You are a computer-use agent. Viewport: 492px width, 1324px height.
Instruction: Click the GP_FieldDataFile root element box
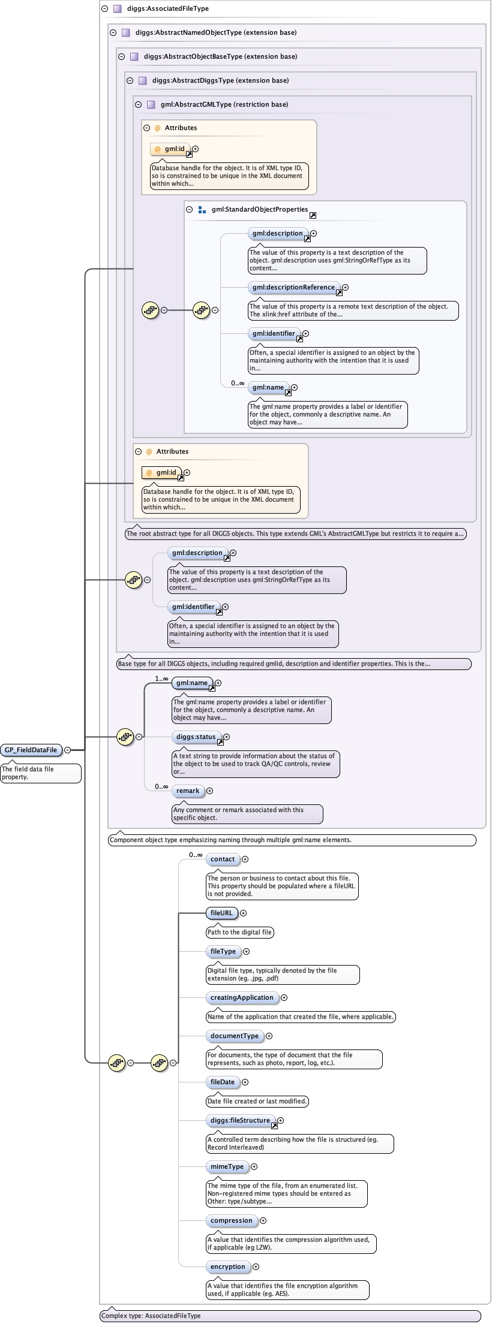tap(31, 750)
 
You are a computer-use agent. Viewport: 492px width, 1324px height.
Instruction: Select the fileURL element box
tap(221, 913)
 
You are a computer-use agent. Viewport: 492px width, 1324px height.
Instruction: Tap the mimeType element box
tap(227, 1166)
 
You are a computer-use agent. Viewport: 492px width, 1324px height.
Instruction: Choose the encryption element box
tap(227, 1266)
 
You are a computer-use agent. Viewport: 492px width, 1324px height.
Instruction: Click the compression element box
tap(231, 1220)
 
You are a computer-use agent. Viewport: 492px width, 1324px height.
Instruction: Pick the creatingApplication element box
tap(242, 997)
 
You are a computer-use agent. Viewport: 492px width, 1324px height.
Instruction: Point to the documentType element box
tap(234, 1036)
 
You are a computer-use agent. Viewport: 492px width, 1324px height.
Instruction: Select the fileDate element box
tap(222, 1082)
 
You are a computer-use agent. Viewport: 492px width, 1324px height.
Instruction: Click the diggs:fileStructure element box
tap(240, 1120)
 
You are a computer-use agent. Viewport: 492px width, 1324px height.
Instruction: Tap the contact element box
tap(222, 859)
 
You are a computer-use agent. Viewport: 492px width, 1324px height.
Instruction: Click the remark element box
tap(187, 791)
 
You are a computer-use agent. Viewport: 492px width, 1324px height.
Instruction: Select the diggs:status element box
tap(196, 737)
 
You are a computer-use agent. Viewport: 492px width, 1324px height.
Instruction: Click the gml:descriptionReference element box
tap(293, 287)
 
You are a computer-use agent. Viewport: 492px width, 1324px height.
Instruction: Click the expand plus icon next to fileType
tap(246, 951)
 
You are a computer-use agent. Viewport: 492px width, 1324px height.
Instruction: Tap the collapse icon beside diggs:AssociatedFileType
tap(104, 8)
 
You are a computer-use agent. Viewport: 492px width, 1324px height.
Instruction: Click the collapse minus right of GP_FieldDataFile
tap(68, 750)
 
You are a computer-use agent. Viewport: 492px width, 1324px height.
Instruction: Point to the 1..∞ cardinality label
tap(161, 678)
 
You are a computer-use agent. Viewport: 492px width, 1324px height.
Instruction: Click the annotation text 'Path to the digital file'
tap(239, 932)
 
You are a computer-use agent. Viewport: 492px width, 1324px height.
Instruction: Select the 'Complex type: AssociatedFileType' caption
tap(151, 1316)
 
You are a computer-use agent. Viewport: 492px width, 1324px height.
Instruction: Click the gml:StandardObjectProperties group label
tap(259, 209)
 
